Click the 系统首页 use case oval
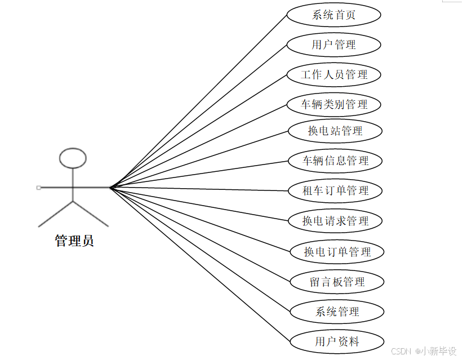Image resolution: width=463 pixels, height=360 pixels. (x=333, y=15)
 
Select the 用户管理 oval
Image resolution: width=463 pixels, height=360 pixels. (x=333, y=45)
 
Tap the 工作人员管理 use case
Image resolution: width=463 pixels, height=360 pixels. (x=334, y=74)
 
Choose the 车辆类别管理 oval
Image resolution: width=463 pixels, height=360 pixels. (x=334, y=104)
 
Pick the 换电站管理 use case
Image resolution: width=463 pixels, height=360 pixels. (x=335, y=131)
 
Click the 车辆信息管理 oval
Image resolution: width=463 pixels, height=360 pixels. (x=335, y=161)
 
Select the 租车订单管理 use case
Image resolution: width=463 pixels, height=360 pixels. (x=335, y=190)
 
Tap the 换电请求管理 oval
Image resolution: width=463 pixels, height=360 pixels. (x=335, y=221)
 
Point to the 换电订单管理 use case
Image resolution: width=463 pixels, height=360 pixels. (x=337, y=252)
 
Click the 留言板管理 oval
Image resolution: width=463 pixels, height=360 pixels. (x=337, y=282)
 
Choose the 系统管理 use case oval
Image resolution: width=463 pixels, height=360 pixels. (x=337, y=312)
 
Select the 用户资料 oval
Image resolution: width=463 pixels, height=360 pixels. (x=337, y=341)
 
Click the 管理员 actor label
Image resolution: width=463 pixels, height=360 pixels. (x=74, y=241)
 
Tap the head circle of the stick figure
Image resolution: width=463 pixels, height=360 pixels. (x=73, y=158)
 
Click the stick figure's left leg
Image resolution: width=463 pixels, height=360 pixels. (x=56, y=214)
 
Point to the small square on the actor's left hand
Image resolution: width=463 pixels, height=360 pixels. (x=38, y=187)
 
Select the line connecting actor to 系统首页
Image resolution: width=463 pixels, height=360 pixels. (x=197, y=101)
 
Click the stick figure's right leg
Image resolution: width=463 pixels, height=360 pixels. (x=90, y=214)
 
